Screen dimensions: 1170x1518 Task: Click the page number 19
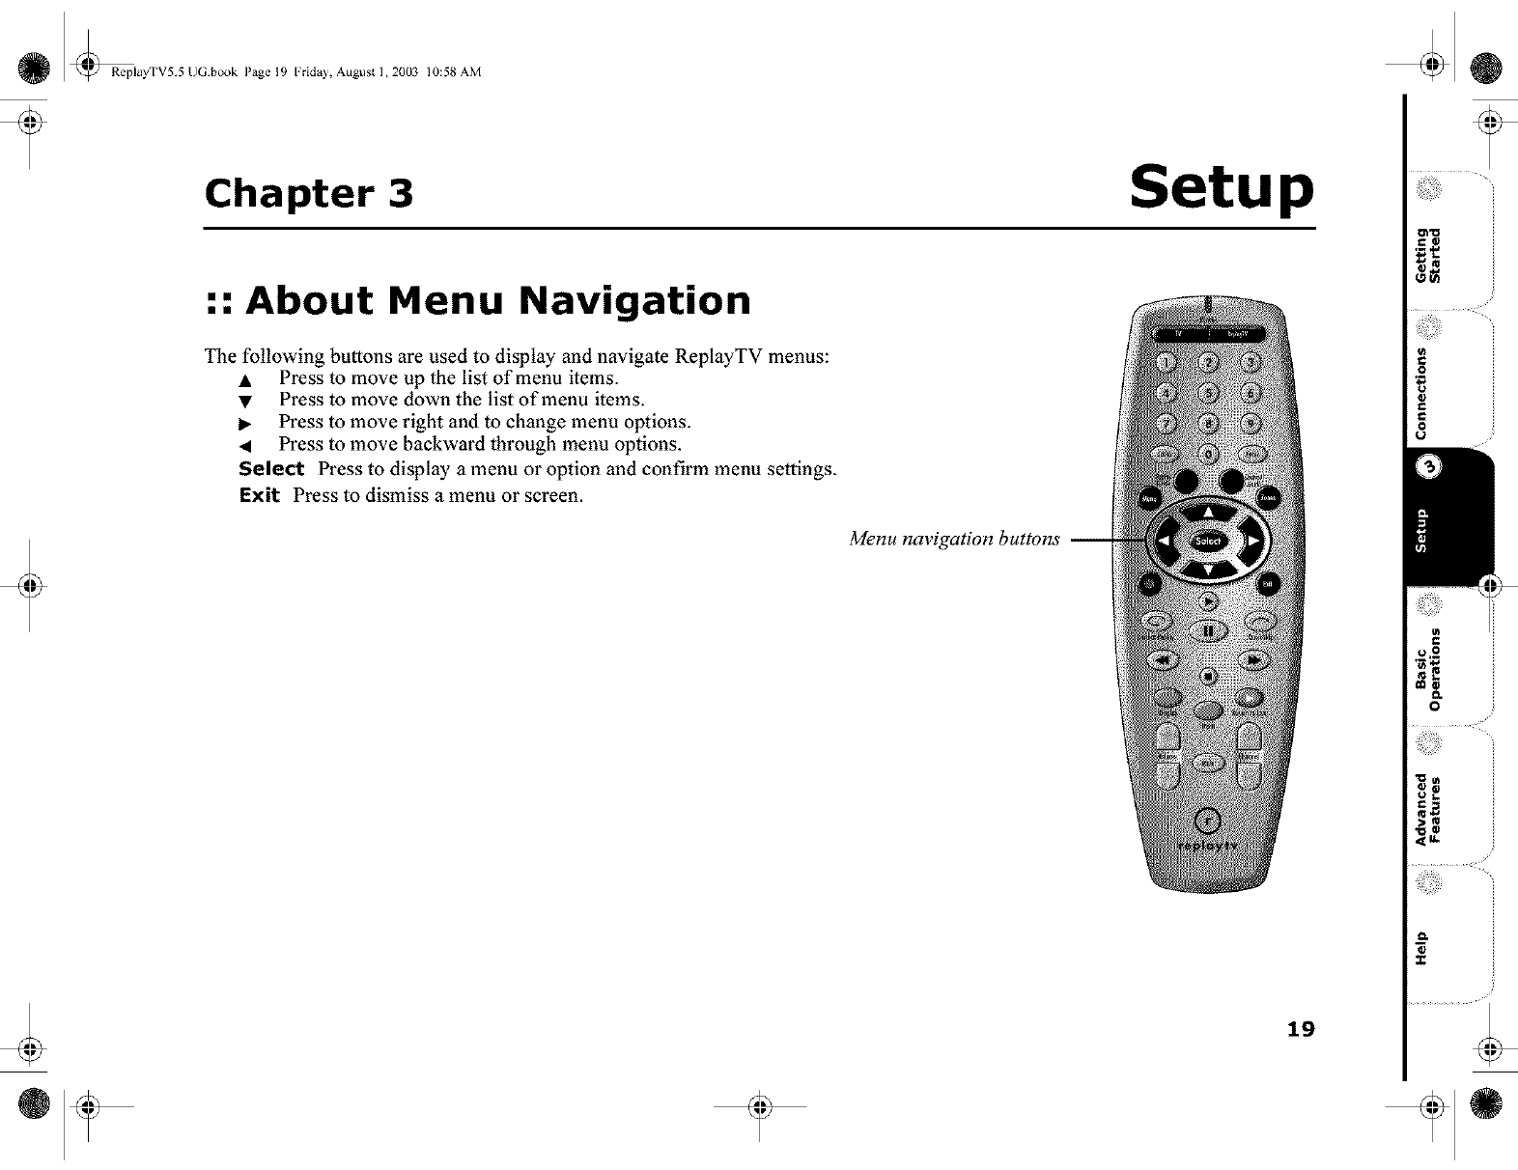[1300, 1029]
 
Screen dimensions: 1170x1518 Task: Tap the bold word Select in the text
[271, 469]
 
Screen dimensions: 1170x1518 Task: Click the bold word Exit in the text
[259, 496]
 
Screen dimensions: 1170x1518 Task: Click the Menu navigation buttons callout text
[954, 539]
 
